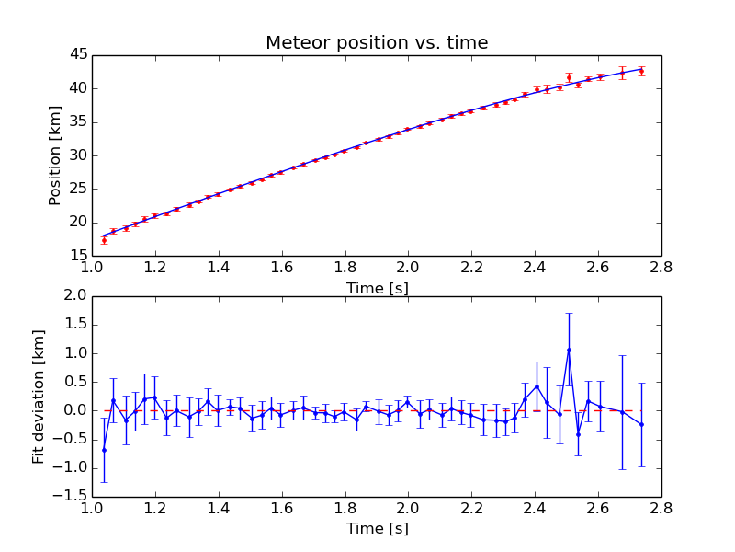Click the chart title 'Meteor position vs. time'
pyautogui.click(x=377, y=43)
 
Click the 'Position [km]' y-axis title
pyautogui.click(x=55, y=155)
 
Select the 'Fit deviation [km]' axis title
pyautogui.click(x=39, y=396)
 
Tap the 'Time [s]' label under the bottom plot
pyautogui.click(x=377, y=529)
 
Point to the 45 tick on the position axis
pyautogui.click(x=78, y=55)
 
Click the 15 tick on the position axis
pyautogui.click(x=78, y=255)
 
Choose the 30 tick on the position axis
pyautogui.click(x=78, y=155)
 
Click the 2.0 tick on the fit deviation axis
pyautogui.click(x=74, y=295)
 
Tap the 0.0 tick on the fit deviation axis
pyautogui.click(x=74, y=410)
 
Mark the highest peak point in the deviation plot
pyautogui.click(x=569, y=350)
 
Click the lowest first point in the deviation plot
pyautogui.click(x=104, y=450)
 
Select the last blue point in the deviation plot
pyautogui.click(x=641, y=424)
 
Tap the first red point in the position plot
pyautogui.click(x=104, y=240)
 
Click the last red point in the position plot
pyautogui.click(x=641, y=71)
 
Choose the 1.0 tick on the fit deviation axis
pyautogui.click(x=74, y=353)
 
